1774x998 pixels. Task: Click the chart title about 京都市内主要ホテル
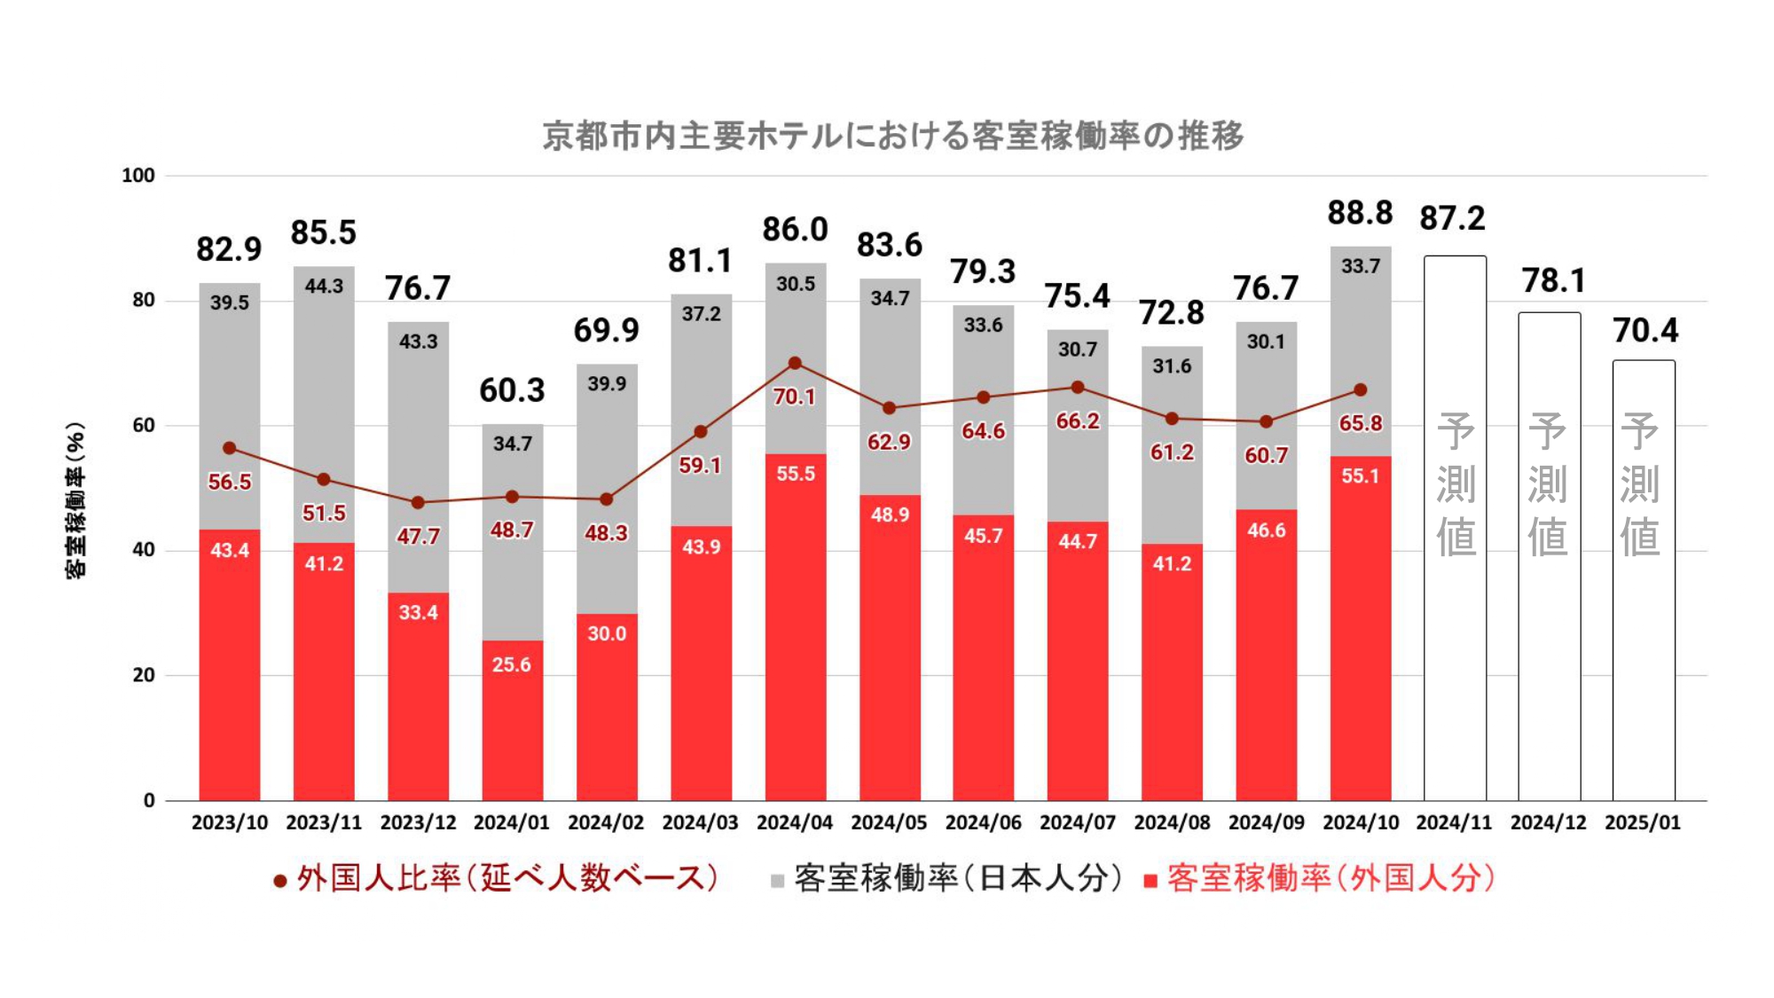click(892, 136)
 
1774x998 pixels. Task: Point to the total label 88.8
click(1360, 213)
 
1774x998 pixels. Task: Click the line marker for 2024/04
click(795, 363)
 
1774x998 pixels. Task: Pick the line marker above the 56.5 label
click(230, 448)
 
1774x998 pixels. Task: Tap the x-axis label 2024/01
click(512, 822)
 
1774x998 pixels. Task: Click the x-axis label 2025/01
click(1643, 822)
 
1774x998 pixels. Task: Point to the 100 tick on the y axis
click(138, 176)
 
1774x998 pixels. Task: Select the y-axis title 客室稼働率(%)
click(76, 499)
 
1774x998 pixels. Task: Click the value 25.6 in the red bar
click(512, 664)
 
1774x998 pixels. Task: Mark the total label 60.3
click(512, 390)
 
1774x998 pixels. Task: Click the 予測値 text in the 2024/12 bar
click(1548, 483)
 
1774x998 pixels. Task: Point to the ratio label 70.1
click(794, 397)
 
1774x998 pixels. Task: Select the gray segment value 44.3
click(324, 287)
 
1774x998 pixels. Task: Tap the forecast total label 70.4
click(1645, 331)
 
